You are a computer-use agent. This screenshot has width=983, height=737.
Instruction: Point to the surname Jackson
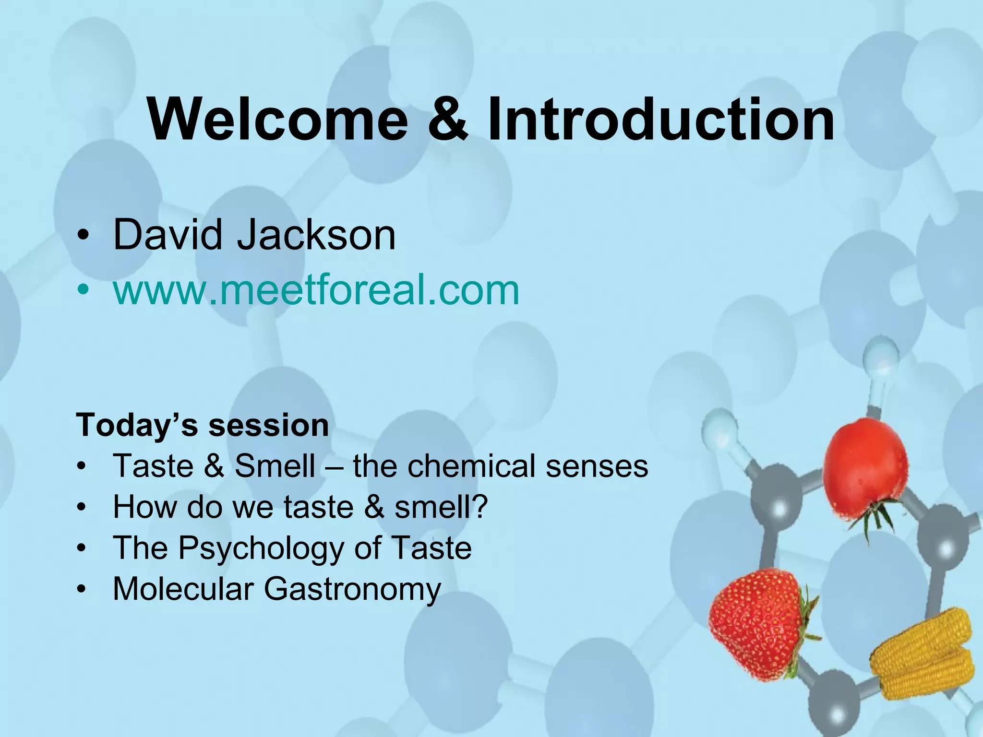317,236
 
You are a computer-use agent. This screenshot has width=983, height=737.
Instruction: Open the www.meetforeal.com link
316,290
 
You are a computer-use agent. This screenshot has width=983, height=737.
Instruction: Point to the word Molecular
183,589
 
